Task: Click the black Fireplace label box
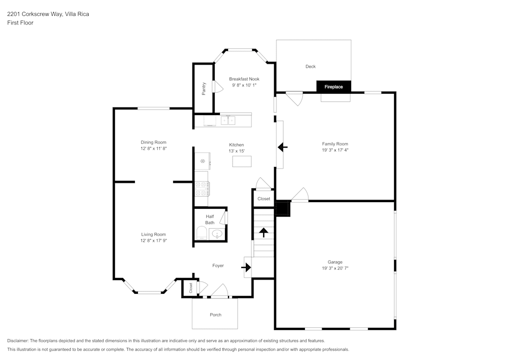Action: (x=334, y=87)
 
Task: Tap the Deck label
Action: (x=310, y=67)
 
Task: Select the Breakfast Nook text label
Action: (x=244, y=79)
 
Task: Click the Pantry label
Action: (x=204, y=89)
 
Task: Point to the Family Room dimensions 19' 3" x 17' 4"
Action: (x=335, y=150)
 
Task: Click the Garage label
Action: (x=335, y=262)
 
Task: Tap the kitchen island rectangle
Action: (x=242, y=161)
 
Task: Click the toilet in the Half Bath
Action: (x=201, y=234)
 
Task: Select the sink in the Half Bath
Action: (x=217, y=234)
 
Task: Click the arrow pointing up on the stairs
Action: (x=264, y=233)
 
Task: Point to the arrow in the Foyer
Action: (x=246, y=267)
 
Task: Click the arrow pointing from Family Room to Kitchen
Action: (x=282, y=147)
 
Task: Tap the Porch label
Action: (x=216, y=315)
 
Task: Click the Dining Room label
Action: (x=154, y=142)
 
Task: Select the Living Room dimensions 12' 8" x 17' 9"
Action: (x=154, y=241)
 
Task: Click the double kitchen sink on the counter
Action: (x=228, y=121)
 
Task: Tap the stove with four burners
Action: (x=202, y=188)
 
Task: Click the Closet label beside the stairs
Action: (x=264, y=199)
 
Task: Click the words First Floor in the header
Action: (x=20, y=23)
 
